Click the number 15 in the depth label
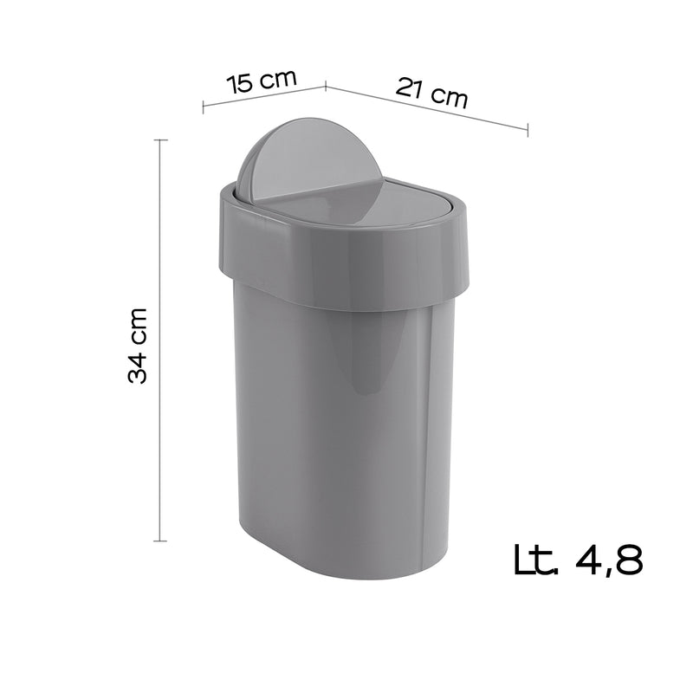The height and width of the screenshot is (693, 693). (240, 84)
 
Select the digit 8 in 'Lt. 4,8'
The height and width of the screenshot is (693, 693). (626, 560)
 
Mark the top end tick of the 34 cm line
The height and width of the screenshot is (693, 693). (160, 139)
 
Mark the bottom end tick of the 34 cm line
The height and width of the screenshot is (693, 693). (160, 541)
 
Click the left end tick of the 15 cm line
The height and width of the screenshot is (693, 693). (203, 107)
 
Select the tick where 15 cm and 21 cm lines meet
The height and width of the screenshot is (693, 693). (325, 86)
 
